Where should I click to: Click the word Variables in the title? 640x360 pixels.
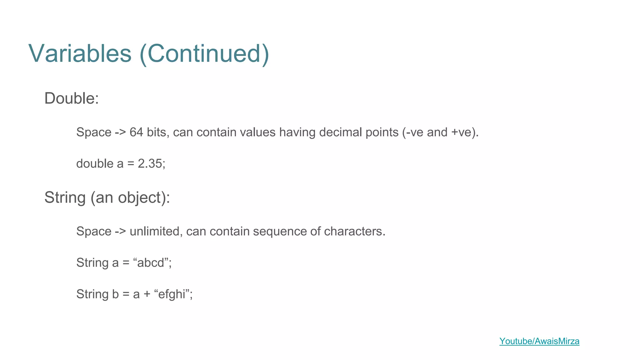tap(80, 53)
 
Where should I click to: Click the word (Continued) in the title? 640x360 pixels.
tap(204, 53)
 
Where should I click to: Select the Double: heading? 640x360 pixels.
tap(72, 98)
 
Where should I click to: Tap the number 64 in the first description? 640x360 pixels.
tap(136, 132)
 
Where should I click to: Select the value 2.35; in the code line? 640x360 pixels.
tap(152, 164)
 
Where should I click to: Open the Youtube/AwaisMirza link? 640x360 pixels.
tap(539, 341)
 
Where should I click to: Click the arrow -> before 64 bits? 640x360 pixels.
tap(120, 132)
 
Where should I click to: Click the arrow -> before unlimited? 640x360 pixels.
tap(120, 232)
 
